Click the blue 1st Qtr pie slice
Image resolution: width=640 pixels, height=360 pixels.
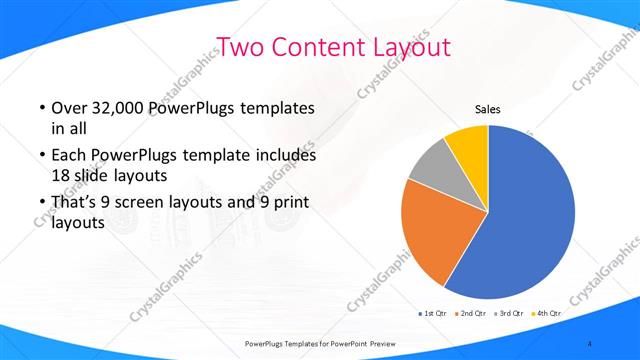click(530, 215)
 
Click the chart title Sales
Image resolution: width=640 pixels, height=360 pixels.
click(487, 110)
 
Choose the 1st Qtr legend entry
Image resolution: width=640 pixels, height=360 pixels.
click(433, 313)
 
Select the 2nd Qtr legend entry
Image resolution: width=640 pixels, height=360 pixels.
click(471, 313)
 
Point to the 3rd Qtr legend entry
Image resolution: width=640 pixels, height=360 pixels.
click(510, 313)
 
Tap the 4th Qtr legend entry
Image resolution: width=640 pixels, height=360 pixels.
click(548, 313)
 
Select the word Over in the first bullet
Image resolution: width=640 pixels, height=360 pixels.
click(68, 108)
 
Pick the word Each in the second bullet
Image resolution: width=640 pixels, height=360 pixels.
click(69, 156)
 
